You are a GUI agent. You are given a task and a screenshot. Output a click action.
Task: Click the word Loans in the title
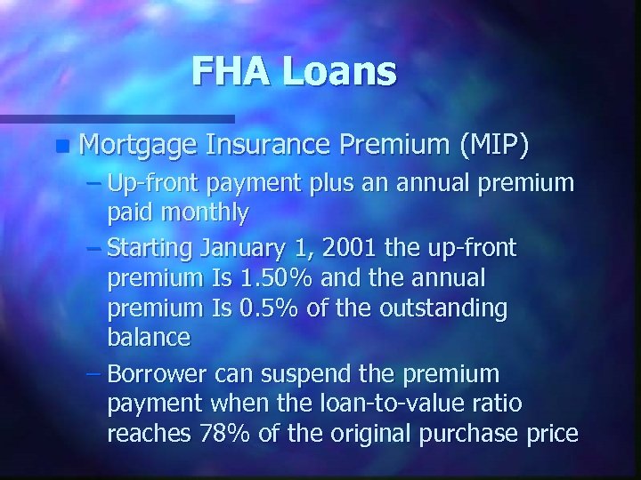[x=341, y=71]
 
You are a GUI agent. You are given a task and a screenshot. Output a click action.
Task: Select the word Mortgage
[x=131, y=144]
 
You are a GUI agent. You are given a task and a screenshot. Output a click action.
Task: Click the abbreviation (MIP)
[x=493, y=143]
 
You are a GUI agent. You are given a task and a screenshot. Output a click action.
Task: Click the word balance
[x=148, y=337]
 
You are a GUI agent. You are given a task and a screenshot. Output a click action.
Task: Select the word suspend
[x=344, y=374]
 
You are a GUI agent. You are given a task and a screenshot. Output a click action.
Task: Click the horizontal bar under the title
[x=116, y=117]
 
